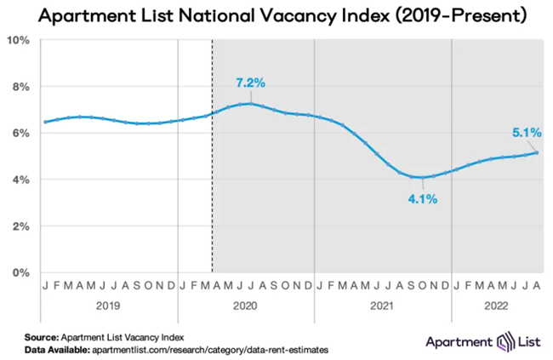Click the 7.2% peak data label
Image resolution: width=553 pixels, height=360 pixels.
(251, 83)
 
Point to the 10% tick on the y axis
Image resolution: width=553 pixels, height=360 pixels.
(19, 40)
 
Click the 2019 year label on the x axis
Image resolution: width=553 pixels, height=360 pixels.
(109, 304)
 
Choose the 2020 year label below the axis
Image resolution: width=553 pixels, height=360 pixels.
(246, 304)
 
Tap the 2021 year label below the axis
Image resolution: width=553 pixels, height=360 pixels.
(383, 304)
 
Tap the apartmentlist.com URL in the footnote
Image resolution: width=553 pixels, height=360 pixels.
(218, 349)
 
